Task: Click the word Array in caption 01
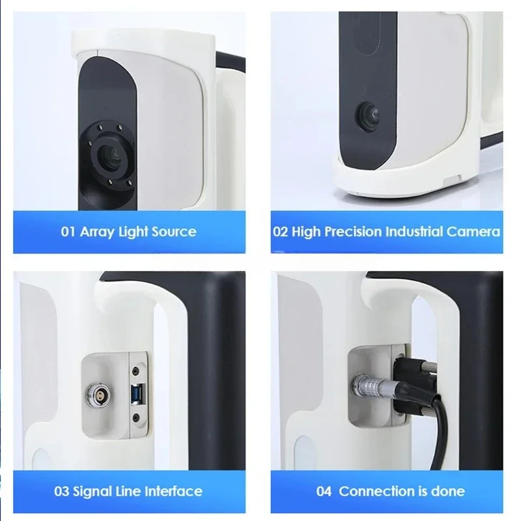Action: tap(96, 231)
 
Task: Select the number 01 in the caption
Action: tap(68, 231)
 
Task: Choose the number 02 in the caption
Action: tap(280, 231)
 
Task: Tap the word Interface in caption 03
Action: tap(173, 490)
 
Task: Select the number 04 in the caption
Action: tap(324, 490)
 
